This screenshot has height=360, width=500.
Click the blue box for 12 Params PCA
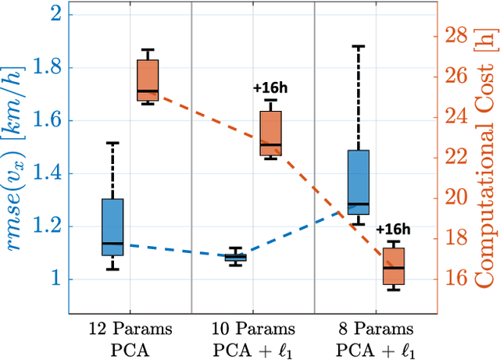pos(112,226)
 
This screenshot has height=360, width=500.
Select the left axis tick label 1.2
pos(46,226)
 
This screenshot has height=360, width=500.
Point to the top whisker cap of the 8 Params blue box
pos(358,47)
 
